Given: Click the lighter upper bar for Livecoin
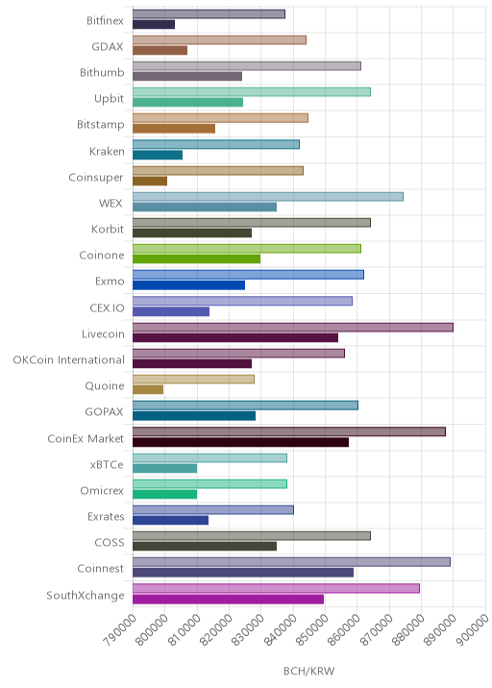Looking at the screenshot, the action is point(293,328).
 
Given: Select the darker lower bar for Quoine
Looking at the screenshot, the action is point(148,389).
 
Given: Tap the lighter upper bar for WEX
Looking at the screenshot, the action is point(268,197).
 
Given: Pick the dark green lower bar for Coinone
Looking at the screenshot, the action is point(196,258).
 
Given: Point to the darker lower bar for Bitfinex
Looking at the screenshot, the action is point(154,25).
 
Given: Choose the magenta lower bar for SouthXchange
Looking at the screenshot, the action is point(228,600).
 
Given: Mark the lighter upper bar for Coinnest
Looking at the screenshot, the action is point(291,562).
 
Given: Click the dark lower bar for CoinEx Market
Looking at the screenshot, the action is point(240,442).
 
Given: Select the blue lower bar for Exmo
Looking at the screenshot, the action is point(188,285).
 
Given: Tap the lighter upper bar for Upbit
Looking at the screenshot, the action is point(252,91).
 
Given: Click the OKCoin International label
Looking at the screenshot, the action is point(69,359).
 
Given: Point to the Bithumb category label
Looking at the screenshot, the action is point(102,72).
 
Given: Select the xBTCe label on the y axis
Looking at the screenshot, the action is point(107,464).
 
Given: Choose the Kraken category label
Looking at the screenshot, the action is point(107,152).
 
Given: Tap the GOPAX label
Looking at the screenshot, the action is point(104,412).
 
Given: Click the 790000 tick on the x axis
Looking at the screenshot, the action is point(120,629).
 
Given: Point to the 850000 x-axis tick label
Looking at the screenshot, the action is point(312,629).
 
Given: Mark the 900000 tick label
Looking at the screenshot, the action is point(473,629).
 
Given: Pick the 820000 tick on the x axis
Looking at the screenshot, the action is point(216,629).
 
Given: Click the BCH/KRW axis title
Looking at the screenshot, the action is point(309,671).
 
